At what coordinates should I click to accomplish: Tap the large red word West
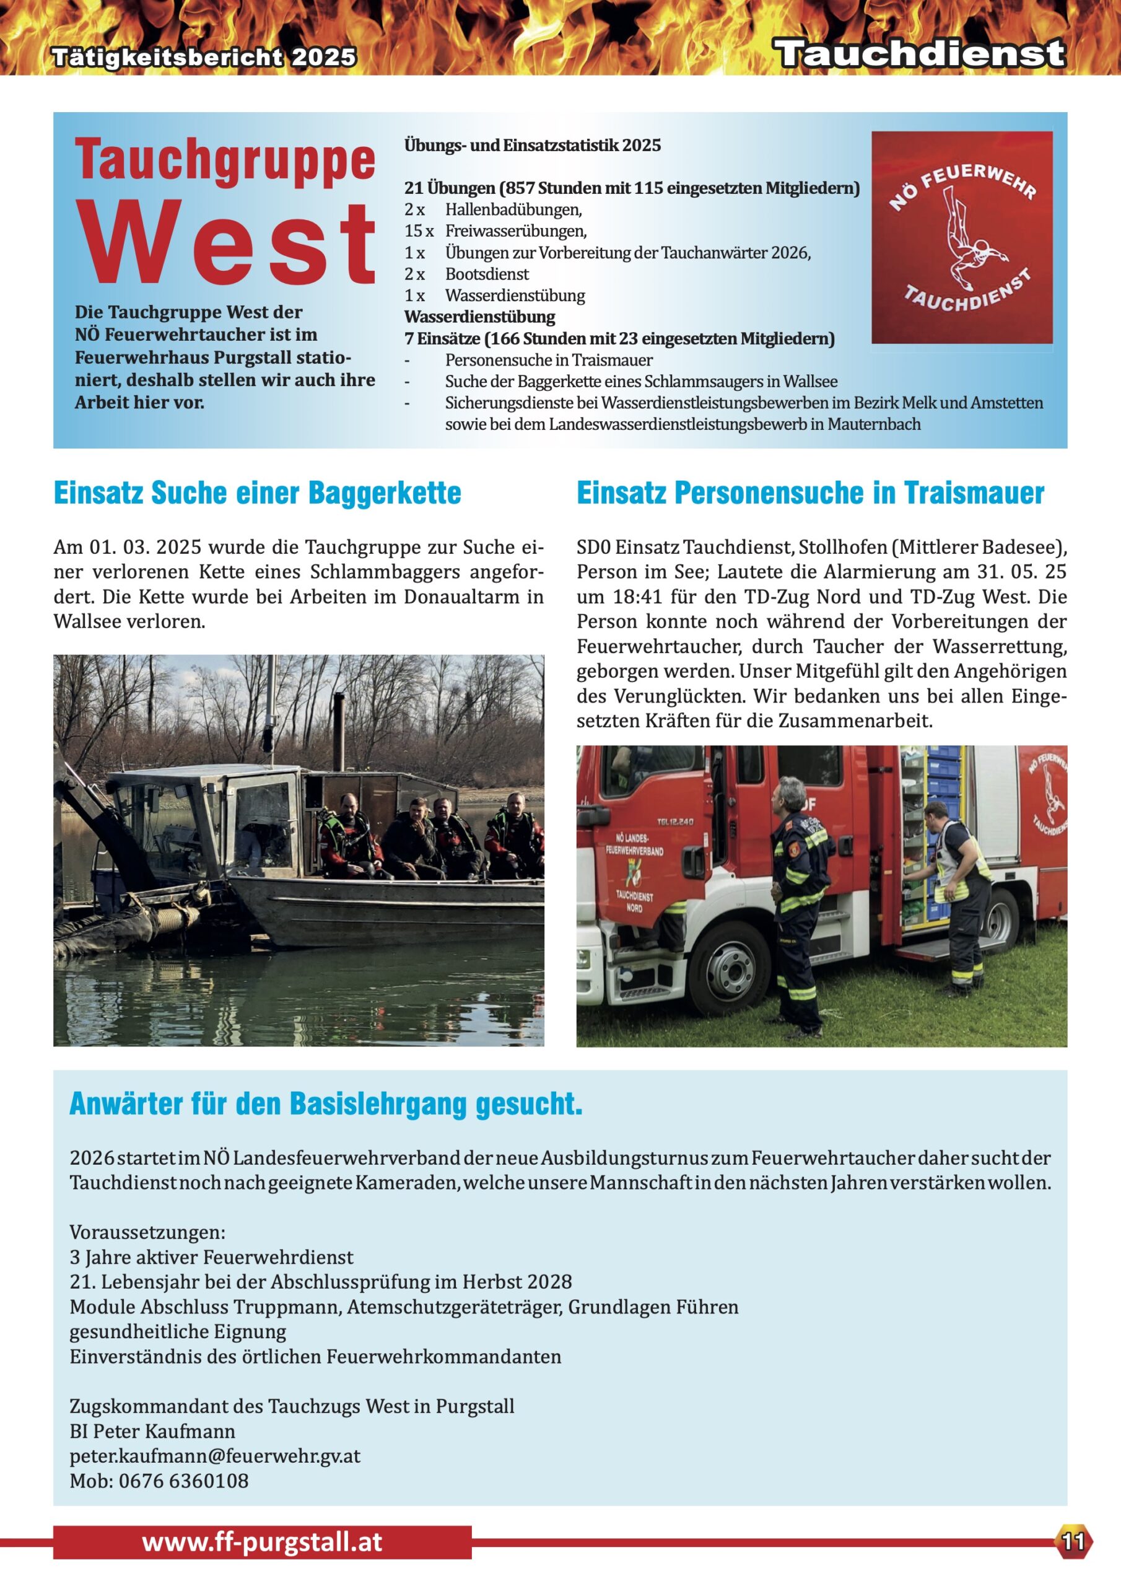click(227, 243)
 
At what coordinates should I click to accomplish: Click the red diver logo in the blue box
click(961, 237)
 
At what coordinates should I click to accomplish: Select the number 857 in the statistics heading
click(521, 188)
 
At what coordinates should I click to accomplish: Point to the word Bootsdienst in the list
click(487, 274)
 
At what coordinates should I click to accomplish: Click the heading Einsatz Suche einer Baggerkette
click(257, 493)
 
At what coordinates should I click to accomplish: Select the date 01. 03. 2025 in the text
click(146, 547)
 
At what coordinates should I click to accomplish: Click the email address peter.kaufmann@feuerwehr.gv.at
click(215, 1455)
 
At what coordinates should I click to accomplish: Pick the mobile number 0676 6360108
click(183, 1480)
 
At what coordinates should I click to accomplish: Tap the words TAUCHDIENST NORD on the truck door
click(634, 901)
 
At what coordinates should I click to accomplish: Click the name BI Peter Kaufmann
click(152, 1430)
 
